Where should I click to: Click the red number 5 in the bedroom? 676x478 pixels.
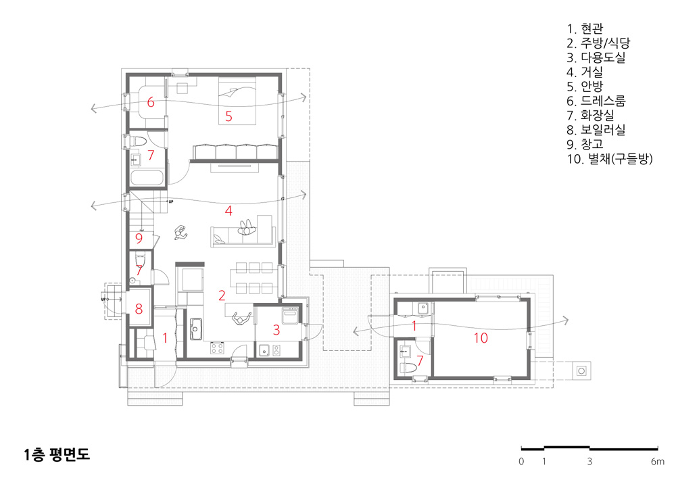(229, 116)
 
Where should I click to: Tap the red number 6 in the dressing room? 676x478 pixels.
(151, 102)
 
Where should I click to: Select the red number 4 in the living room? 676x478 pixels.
(228, 211)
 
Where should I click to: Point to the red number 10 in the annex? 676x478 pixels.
(481, 338)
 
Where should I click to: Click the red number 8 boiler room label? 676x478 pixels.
(139, 308)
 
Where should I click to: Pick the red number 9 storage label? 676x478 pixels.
(139, 239)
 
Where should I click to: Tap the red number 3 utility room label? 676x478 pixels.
(276, 330)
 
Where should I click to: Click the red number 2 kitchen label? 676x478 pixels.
(222, 295)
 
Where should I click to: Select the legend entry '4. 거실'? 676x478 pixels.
(585, 72)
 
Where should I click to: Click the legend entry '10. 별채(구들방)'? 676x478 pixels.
(610, 159)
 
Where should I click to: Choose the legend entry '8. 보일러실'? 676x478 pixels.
(596, 129)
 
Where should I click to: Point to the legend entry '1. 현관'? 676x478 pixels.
(585, 28)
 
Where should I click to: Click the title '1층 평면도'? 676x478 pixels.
(57, 454)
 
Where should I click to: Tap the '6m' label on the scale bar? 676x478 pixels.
(658, 462)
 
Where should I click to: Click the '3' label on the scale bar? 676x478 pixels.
(589, 462)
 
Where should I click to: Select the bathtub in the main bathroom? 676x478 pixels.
(147, 178)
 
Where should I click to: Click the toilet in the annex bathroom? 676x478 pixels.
(408, 368)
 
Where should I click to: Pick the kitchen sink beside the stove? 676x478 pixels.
(196, 329)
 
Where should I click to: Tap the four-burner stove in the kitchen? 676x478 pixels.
(217, 348)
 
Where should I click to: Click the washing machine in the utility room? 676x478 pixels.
(290, 315)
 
